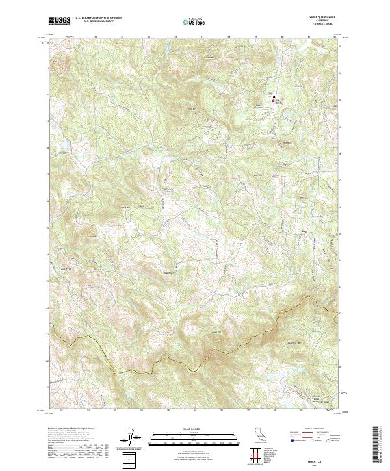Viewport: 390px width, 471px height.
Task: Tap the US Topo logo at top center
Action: [194, 21]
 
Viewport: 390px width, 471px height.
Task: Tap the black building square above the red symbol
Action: [274, 97]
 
